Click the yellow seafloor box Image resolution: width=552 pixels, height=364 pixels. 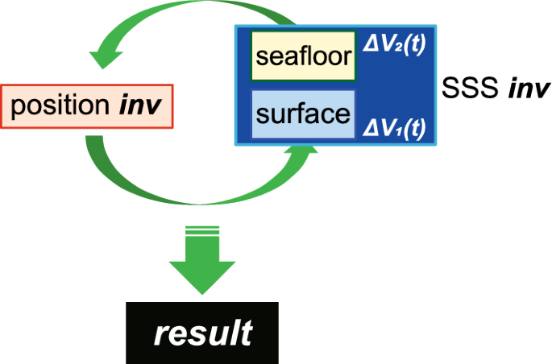coord(303,56)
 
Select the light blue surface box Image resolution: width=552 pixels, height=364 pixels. coord(303,114)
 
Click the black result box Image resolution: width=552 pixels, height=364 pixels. coord(201,332)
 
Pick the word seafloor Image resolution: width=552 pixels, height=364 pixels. coord(303,56)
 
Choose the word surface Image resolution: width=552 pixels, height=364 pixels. coord(303,114)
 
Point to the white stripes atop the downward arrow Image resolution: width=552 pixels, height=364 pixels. coord(201,233)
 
